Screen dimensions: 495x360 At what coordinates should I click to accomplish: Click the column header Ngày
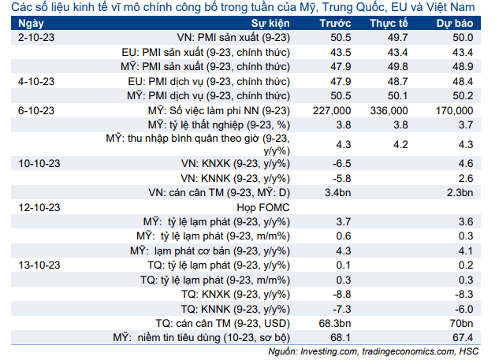pyautogui.click(x=31, y=24)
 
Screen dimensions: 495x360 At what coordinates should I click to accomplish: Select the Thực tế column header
pyautogui.click(x=389, y=24)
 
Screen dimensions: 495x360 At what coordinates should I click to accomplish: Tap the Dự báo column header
pyautogui.click(x=455, y=24)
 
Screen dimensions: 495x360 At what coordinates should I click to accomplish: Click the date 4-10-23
pyautogui.click(x=36, y=81)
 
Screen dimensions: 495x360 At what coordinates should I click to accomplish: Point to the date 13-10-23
pyautogui.click(x=39, y=265)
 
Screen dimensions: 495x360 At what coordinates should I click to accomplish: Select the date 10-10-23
pyautogui.click(x=39, y=163)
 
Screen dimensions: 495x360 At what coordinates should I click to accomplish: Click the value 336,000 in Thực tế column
pyautogui.click(x=389, y=111)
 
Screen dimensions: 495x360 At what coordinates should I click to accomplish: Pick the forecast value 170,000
pyautogui.click(x=454, y=111)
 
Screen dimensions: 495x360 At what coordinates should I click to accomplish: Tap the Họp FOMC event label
pyautogui.click(x=263, y=208)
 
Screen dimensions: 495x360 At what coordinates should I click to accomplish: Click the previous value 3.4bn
pyautogui.click(x=337, y=192)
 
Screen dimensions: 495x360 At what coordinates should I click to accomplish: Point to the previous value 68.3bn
pyautogui.click(x=335, y=324)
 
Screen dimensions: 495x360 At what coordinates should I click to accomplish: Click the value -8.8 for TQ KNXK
pyautogui.click(x=341, y=295)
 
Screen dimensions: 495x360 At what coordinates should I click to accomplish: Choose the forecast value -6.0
pyautogui.click(x=463, y=309)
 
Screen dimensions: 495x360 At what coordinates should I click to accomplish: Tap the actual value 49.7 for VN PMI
pyautogui.click(x=398, y=38)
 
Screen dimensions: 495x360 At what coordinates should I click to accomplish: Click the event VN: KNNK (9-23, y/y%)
pyautogui.click(x=235, y=179)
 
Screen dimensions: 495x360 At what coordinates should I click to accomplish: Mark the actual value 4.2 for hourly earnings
pyautogui.click(x=400, y=144)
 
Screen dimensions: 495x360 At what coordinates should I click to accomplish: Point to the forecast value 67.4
pyautogui.click(x=463, y=338)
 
